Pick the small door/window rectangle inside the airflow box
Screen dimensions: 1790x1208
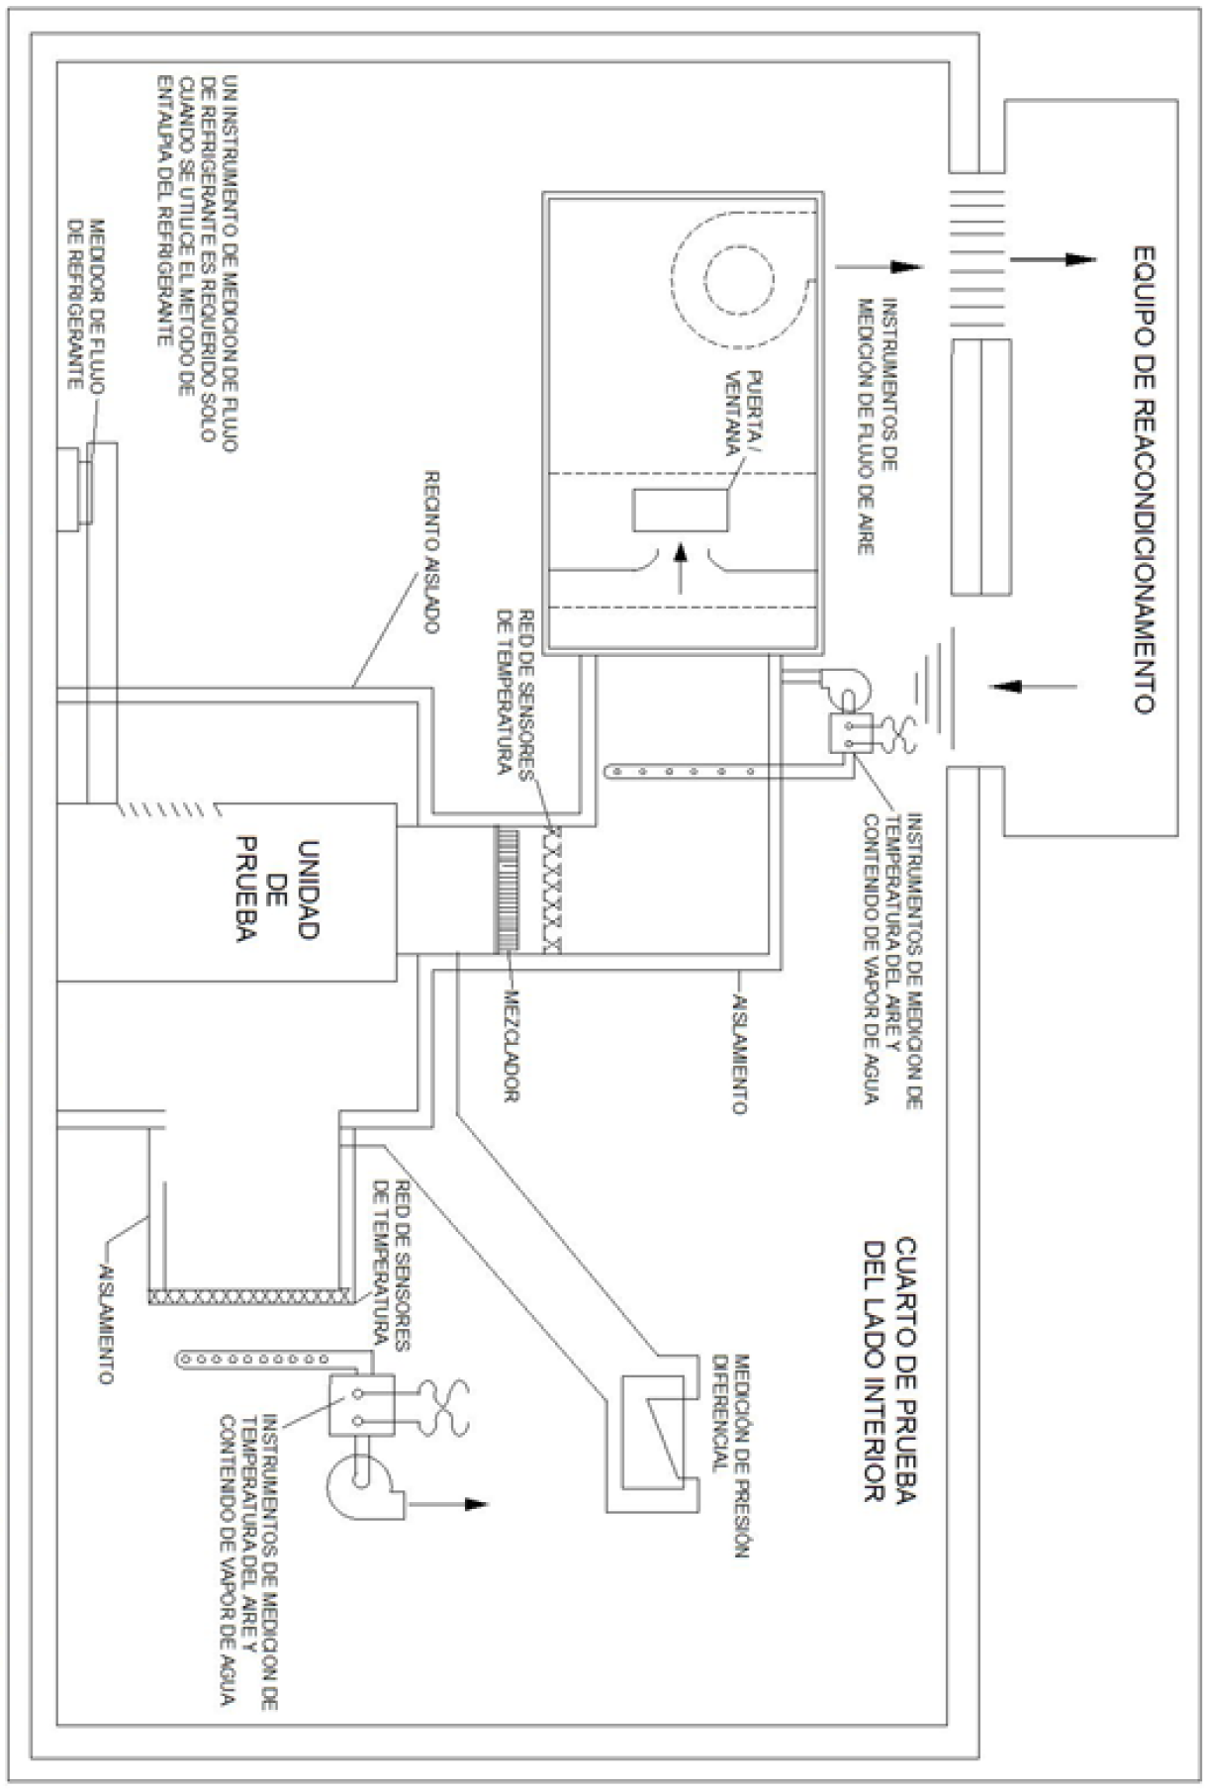682,511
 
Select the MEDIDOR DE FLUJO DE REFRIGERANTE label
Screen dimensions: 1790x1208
84,303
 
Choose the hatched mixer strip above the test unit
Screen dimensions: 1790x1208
507,890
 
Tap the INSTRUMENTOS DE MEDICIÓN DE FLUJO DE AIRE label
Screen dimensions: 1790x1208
876,425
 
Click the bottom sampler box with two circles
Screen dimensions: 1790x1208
361,1405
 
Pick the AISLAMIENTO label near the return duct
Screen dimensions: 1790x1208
106,1321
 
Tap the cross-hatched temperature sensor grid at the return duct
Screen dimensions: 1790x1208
247,1294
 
